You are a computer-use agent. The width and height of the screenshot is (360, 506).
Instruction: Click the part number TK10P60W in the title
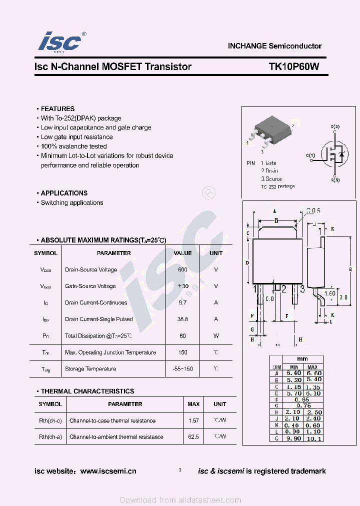pos(293,66)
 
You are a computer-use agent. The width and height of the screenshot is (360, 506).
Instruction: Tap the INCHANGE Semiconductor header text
pos(274,46)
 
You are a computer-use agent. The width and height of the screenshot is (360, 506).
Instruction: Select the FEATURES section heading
pos(57,108)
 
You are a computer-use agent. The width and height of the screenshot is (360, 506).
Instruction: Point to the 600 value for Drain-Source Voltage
pos(182,269)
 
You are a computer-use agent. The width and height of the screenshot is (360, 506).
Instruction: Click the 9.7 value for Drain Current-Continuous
pos(182,302)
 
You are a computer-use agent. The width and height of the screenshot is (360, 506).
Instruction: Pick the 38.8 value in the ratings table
pos(182,319)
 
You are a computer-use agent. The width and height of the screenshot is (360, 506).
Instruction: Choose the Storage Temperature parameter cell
pos(90,369)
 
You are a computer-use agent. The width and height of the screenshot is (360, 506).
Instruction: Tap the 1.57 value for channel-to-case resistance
pos(193,420)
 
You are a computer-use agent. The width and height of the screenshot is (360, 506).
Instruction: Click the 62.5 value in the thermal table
pos(193,436)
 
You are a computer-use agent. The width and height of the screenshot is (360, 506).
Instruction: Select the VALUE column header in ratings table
pos(182,253)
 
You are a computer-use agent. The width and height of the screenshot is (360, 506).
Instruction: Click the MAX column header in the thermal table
pos(193,404)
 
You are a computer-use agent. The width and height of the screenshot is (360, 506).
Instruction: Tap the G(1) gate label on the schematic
pos(310,155)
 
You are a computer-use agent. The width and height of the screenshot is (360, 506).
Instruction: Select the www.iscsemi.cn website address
pos(108,471)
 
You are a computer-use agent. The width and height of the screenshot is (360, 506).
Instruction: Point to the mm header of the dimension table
pos(302,359)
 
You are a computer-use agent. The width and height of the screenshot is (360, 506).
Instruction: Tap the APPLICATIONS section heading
pos(64,193)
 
